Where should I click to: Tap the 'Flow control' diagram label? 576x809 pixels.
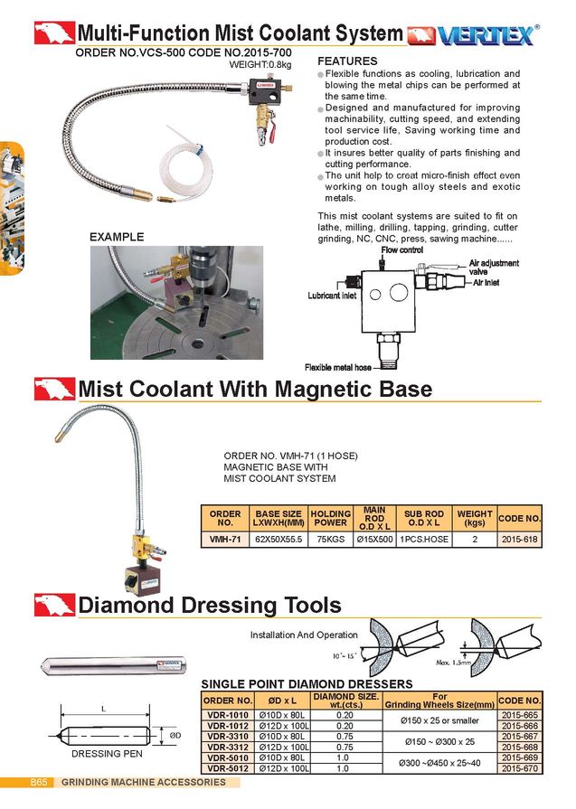401,249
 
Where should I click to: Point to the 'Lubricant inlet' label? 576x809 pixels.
332,296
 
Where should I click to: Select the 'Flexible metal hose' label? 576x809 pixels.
337,367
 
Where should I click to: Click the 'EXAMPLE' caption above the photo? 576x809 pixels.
117,237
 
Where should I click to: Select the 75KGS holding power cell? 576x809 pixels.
330,538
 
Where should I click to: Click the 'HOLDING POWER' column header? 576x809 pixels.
330,517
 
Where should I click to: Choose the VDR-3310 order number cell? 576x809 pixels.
227,736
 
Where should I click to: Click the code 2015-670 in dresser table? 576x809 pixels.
519,768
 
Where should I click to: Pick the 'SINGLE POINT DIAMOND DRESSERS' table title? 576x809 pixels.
306,683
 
